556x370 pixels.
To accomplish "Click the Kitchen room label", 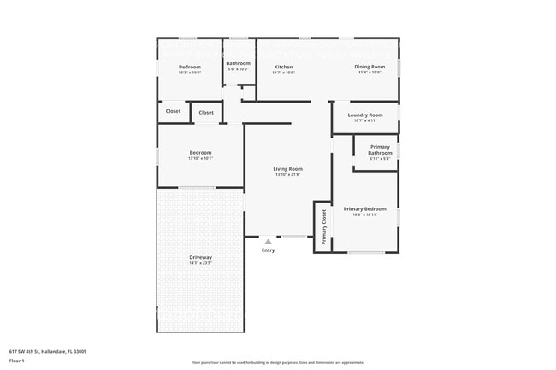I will tap(283, 67).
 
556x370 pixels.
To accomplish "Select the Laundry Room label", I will tap(364, 115).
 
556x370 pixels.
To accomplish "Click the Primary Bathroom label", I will tap(380, 150).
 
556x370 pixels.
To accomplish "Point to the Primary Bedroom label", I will tap(364, 208).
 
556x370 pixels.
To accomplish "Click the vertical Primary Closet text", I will tap(324, 227).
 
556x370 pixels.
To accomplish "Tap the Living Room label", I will tap(287, 169).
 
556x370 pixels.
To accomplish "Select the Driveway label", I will tap(200, 257).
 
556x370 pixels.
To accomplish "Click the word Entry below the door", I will tap(268, 250).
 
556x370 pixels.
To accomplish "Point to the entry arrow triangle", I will tap(268, 242).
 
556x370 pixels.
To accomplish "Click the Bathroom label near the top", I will tap(238, 63).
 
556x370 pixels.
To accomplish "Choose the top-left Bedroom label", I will tap(189, 67).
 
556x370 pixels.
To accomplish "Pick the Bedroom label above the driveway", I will tap(200, 153).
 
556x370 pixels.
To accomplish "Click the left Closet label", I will tap(173, 111).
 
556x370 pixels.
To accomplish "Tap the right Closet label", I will tap(206, 112).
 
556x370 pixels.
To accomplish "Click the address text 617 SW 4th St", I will tap(48, 351).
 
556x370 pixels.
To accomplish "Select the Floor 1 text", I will tap(18, 361).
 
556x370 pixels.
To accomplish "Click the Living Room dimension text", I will tap(287, 175).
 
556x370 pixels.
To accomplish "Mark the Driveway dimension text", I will tap(200, 263).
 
